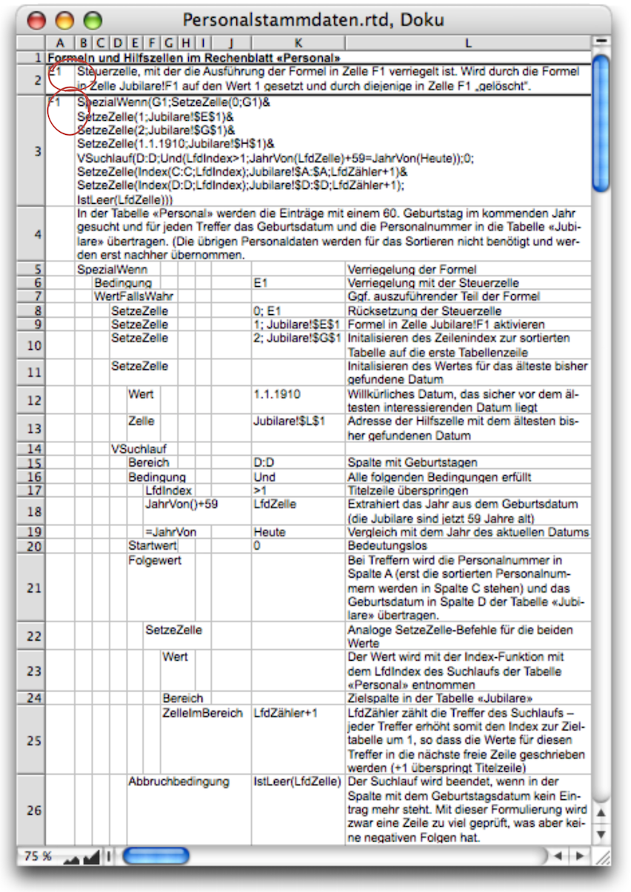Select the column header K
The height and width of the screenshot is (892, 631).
[298, 43]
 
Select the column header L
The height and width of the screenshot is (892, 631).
[468, 43]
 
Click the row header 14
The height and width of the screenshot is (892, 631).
[30, 448]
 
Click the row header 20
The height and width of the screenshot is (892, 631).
[30, 546]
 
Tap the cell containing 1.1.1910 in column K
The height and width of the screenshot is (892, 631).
[277, 394]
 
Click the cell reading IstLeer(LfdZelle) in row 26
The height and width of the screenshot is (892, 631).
[297, 782]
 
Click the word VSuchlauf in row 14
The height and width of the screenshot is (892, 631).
[139, 448]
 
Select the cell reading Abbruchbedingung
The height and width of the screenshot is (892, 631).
[178, 782]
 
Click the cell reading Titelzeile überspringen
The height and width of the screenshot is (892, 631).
[408, 490]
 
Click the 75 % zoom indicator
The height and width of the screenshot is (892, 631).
[37, 856]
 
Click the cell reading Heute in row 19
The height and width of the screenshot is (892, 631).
[270, 532]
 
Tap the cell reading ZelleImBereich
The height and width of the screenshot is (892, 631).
[202, 713]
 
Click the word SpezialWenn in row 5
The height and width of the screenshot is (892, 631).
[112, 270]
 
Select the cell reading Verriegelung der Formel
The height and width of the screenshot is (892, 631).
[411, 270]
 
